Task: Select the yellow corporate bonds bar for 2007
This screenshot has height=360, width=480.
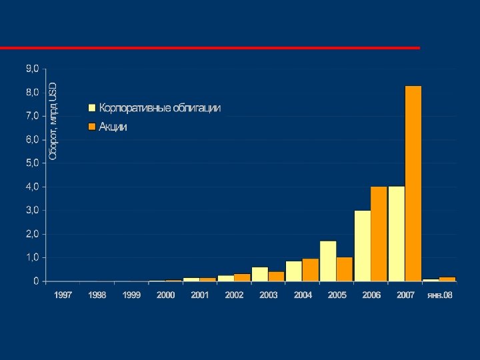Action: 397,233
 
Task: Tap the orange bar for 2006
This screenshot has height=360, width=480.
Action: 379,233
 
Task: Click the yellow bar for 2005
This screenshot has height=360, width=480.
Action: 328,261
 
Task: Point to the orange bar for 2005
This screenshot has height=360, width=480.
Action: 345,269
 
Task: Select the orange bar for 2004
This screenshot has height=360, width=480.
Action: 310,269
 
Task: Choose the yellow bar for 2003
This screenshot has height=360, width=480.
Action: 260,274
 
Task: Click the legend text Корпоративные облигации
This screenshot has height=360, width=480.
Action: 160,107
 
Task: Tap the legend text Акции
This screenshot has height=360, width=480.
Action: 113,127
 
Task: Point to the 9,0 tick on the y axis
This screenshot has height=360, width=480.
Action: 32,68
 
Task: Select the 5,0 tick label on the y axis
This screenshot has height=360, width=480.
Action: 32,163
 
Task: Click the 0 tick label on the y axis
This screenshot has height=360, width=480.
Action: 35,281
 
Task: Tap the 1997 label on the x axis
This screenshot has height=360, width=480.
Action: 63,295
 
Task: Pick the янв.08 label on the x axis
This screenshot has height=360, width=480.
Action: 439,295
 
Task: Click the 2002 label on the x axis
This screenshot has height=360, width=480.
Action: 234,295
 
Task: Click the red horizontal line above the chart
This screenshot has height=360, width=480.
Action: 210,48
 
